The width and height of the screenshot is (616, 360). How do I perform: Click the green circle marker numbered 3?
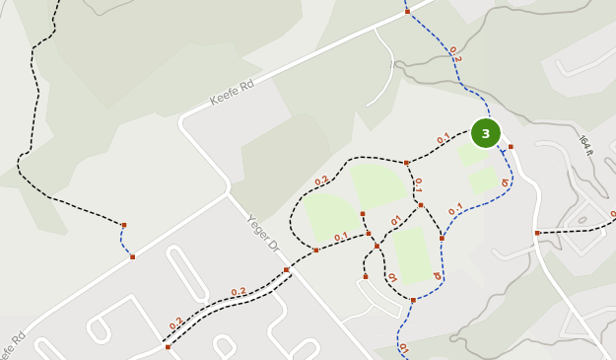pos(485,133)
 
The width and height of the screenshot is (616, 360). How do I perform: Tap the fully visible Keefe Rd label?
pos(232,93)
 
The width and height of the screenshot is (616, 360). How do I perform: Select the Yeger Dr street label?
pos(264,233)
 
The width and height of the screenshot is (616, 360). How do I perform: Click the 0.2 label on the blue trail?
pos(454,54)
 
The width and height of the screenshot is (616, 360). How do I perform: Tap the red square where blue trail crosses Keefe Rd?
pos(407,11)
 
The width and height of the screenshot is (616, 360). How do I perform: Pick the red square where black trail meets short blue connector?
pos(124,225)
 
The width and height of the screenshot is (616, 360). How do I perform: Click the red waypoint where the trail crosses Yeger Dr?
pos(286,269)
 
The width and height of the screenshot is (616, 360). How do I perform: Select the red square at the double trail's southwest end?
pos(168,347)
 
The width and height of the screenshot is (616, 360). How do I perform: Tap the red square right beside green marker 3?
pos(511,147)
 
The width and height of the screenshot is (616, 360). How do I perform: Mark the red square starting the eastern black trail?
pos(537,233)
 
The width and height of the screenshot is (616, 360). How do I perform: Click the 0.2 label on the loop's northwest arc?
pos(321,181)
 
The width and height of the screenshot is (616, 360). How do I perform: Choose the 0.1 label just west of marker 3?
pos(444,139)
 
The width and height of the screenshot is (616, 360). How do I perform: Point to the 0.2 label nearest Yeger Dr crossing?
pos(239,292)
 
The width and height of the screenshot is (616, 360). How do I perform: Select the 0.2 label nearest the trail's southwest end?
pos(176,324)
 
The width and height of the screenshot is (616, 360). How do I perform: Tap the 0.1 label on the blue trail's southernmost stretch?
pos(402,348)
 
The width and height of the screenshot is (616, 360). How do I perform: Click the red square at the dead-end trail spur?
pos(365,276)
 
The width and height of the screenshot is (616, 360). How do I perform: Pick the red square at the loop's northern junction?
pos(406,163)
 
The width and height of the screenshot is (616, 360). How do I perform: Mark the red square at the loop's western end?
pos(315,250)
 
